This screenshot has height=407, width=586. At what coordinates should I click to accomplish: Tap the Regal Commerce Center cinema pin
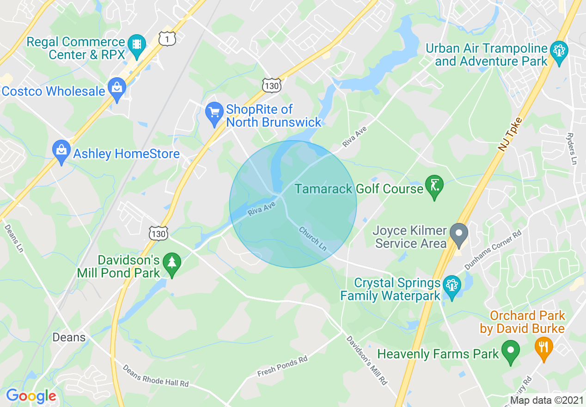point(137,45)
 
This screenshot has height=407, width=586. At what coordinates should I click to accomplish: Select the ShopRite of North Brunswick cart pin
point(214,113)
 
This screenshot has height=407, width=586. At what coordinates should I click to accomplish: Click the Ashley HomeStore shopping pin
point(61,150)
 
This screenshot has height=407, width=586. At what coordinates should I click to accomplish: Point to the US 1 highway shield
point(167,39)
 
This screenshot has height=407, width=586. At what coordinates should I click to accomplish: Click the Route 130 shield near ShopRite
point(271,86)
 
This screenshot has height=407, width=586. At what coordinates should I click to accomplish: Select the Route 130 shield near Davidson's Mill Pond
point(159,234)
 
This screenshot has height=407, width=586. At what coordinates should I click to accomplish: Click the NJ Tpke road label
point(510,134)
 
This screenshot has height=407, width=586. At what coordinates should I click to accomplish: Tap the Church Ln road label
point(313,239)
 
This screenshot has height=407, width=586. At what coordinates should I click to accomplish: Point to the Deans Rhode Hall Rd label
point(156,376)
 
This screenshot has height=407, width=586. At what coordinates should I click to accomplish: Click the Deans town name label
point(69,337)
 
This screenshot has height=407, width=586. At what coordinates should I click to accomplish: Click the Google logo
point(31,396)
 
